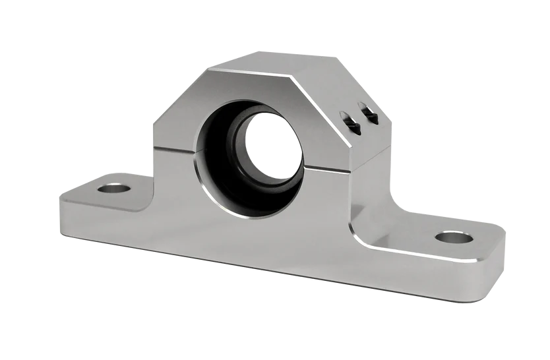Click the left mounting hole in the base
114,189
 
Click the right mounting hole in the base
454,236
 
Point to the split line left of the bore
175,150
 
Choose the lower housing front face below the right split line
330,198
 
